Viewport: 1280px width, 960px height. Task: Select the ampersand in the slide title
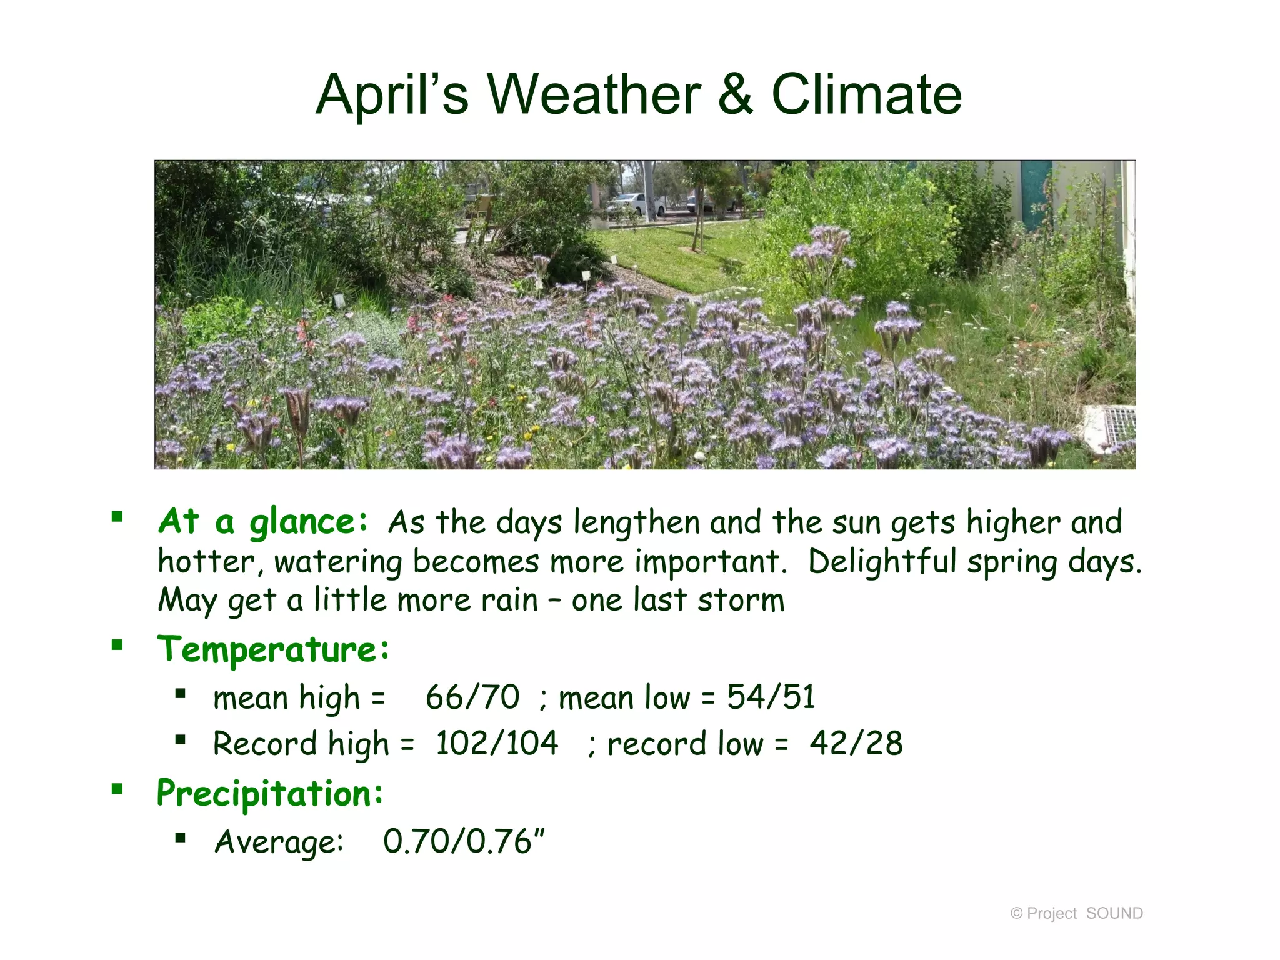pyautogui.click(x=736, y=95)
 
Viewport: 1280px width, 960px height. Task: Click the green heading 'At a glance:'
pyautogui.click(x=263, y=522)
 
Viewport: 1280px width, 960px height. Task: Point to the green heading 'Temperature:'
pyautogui.click(x=273, y=650)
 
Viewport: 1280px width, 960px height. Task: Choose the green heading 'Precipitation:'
pyautogui.click(x=270, y=794)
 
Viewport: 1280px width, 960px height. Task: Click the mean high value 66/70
pyautogui.click(x=472, y=697)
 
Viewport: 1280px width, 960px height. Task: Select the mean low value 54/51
pyautogui.click(x=771, y=697)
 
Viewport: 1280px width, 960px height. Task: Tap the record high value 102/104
pyautogui.click(x=497, y=744)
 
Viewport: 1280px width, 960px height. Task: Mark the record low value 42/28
pyautogui.click(x=856, y=744)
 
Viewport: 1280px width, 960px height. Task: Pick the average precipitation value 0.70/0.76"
pyautogui.click(x=464, y=841)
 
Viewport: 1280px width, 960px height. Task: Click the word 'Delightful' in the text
pyautogui.click(x=882, y=561)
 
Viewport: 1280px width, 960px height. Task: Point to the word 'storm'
pyautogui.click(x=741, y=600)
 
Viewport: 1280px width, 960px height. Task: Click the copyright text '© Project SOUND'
pyautogui.click(x=1076, y=913)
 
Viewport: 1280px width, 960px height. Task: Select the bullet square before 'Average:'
pyautogui.click(x=181, y=837)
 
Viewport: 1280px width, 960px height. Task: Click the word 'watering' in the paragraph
pyautogui.click(x=338, y=561)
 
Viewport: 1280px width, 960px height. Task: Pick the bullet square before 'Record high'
pyautogui.click(x=181, y=741)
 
